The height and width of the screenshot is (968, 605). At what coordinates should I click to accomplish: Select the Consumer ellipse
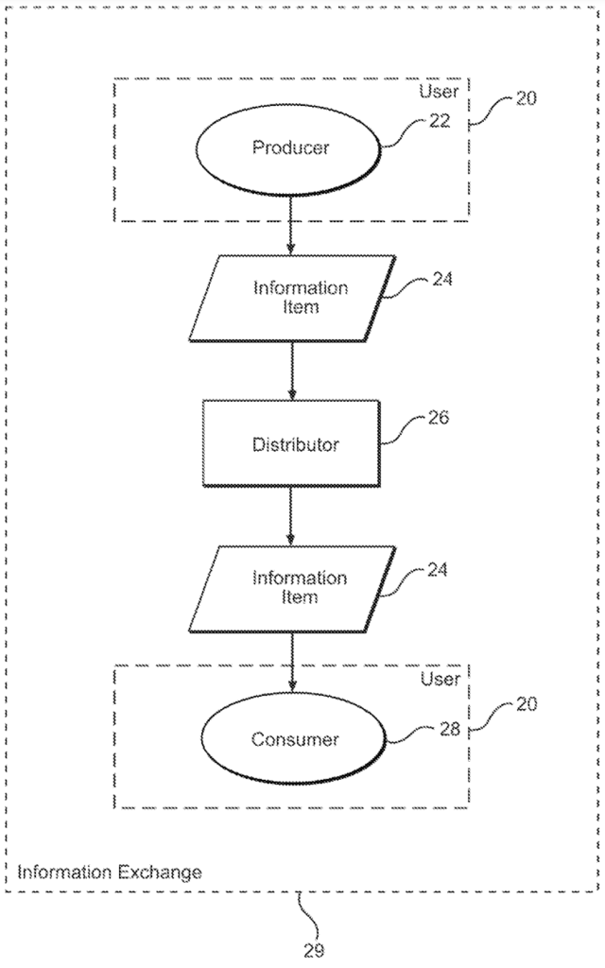point(294,739)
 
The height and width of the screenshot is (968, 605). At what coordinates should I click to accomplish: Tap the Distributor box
point(291,443)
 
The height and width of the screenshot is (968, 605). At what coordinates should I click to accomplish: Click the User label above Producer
point(441,93)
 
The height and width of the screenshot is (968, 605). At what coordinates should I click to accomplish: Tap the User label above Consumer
point(441,679)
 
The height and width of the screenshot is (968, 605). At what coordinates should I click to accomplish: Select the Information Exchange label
point(110,872)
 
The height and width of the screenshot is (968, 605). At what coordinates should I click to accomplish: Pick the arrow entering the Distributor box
point(291,371)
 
